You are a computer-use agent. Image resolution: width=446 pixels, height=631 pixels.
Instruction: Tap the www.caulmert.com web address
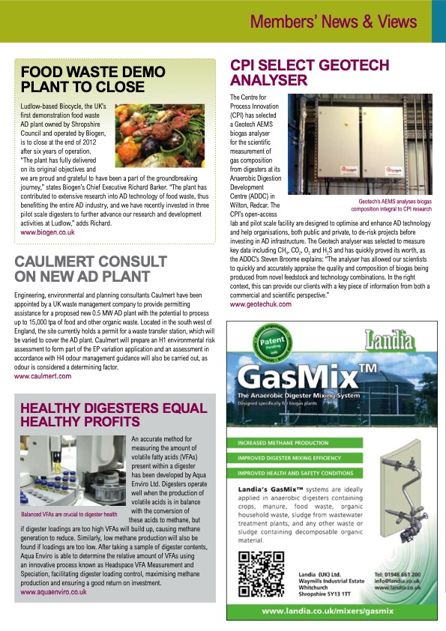(x=43, y=376)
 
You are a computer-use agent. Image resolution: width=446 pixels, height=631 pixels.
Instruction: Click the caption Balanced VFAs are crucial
(x=69, y=515)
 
